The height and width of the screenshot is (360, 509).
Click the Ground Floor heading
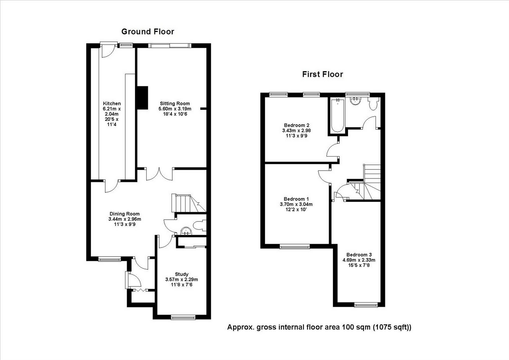tap(148, 32)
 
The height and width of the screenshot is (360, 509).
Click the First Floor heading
tap(322, 74)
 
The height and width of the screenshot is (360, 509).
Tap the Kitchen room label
tap(112, 103)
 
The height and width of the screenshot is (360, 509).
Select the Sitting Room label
tap(175, 103)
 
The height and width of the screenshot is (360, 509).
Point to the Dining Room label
tap(124, 214)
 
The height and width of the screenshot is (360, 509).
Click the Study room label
tap(182, 274)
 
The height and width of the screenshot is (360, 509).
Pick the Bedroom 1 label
tap(296, 199)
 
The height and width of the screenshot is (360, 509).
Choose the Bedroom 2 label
tap(296, 125)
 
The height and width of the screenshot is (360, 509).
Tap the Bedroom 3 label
tap(359, 255)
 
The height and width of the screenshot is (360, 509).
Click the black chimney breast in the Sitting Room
tap(143, 98)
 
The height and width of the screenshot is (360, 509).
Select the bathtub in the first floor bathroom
tap(337, 115)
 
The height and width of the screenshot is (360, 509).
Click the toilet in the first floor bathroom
tap(373, 104)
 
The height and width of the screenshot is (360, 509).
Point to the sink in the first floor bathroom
tap(356, 101)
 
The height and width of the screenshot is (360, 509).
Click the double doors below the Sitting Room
tap(159, 174)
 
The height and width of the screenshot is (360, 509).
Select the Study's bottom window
tap(183, 317)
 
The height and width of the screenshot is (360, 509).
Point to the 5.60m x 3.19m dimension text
tap(175, 109)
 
